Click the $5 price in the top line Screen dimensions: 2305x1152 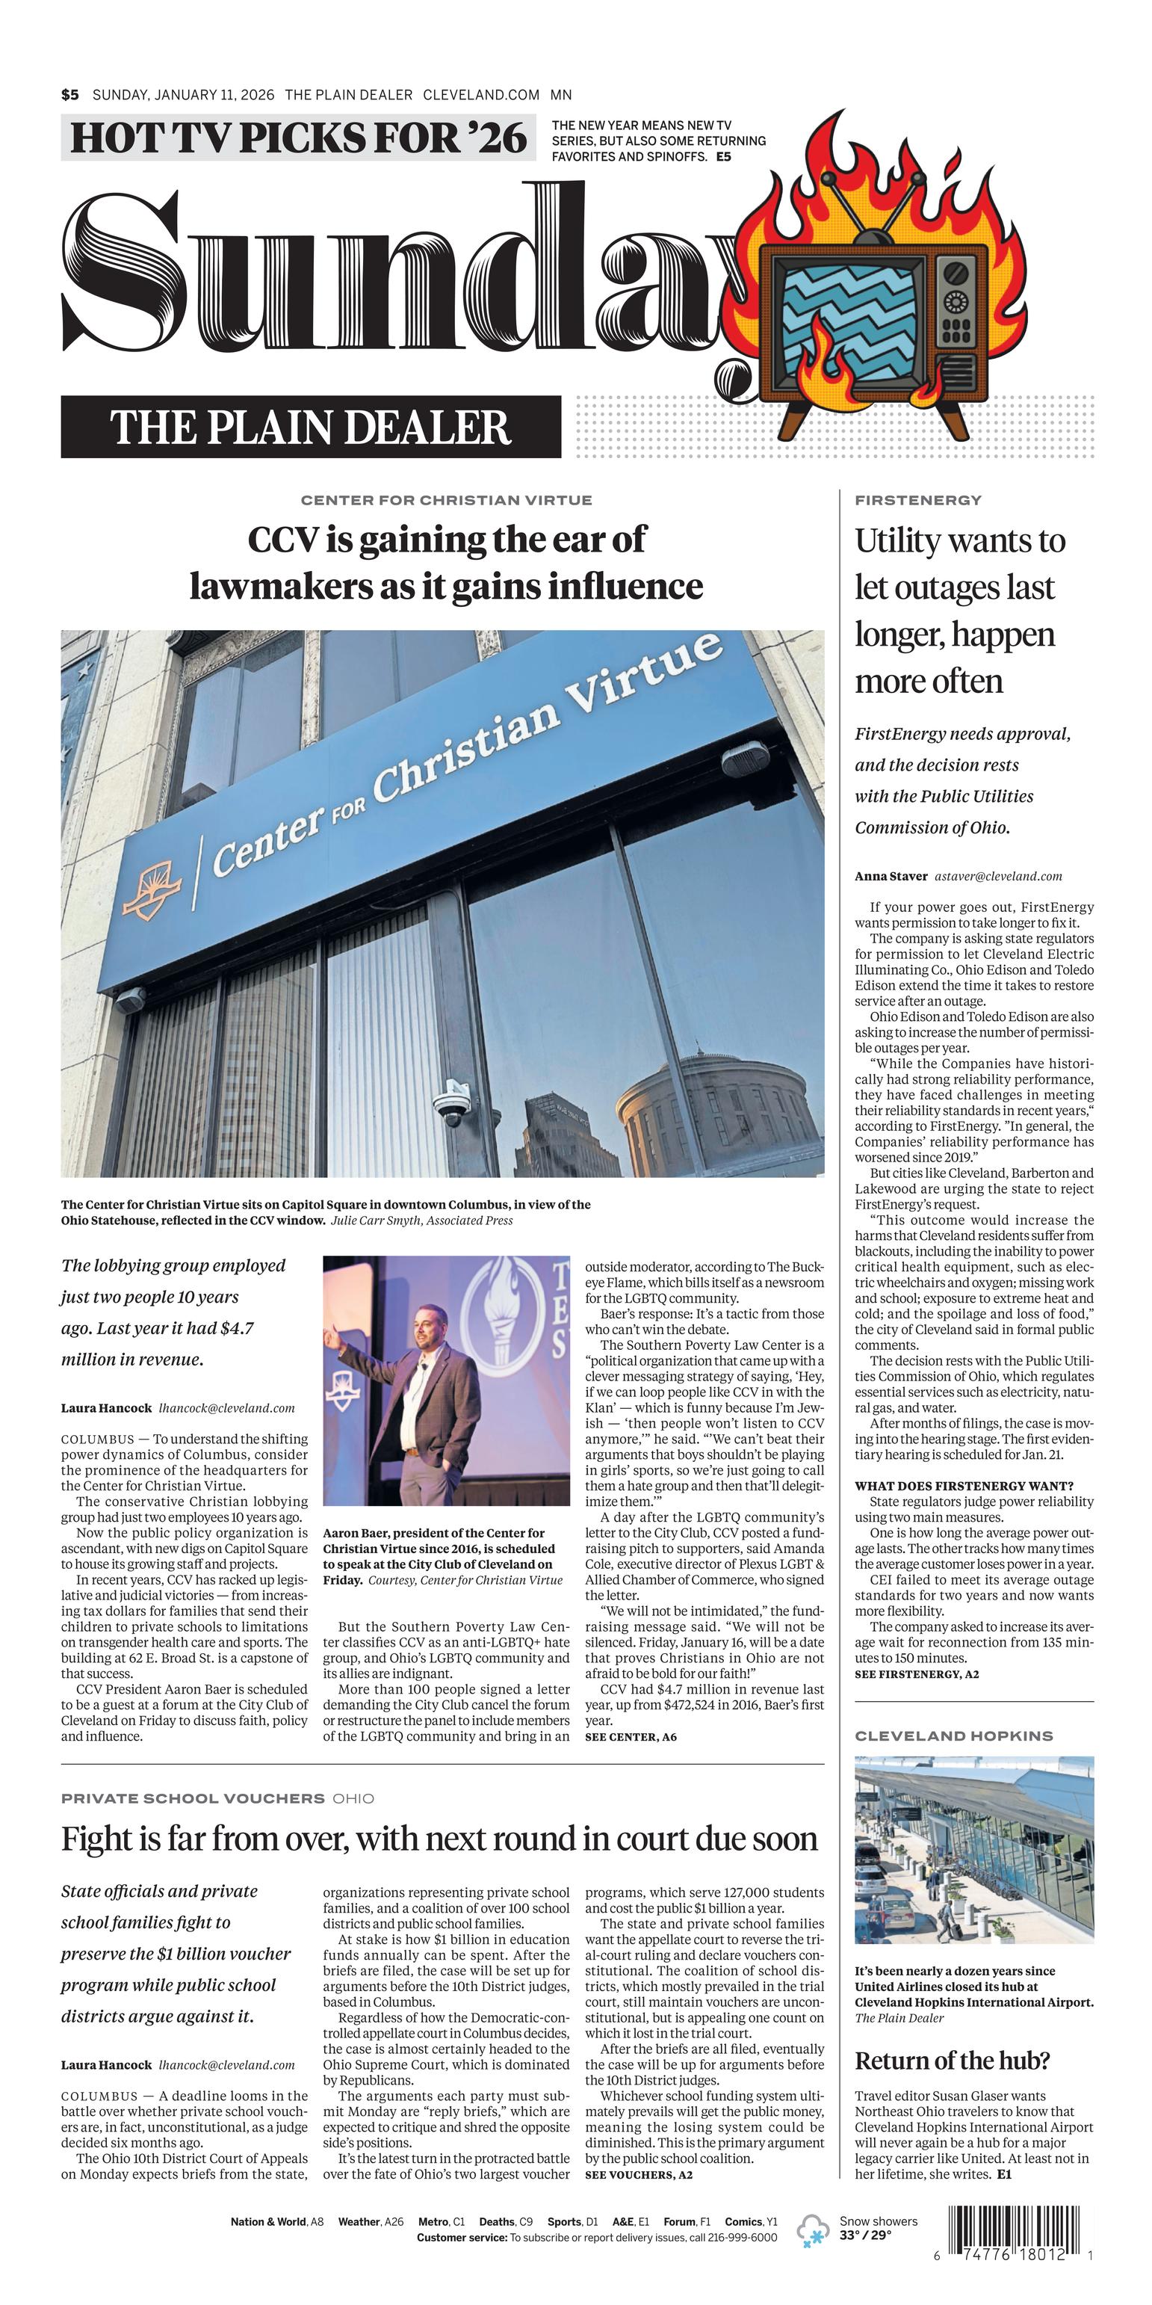(x=69, y=95)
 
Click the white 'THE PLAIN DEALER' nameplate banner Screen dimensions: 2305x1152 (x=310, y=427)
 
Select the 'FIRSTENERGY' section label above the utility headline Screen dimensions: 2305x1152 (x=917, y=500)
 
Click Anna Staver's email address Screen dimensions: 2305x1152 (x=998, y=876)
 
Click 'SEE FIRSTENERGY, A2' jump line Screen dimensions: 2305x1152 (x=917, y=1673)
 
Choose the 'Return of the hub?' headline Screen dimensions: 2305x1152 (x=952, y=2060)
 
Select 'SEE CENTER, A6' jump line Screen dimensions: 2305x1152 (x=631, y=1736)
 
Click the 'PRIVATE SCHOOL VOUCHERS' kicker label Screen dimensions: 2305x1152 (x=192, y=1798)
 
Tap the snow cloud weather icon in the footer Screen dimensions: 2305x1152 (x=813, y=2229)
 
